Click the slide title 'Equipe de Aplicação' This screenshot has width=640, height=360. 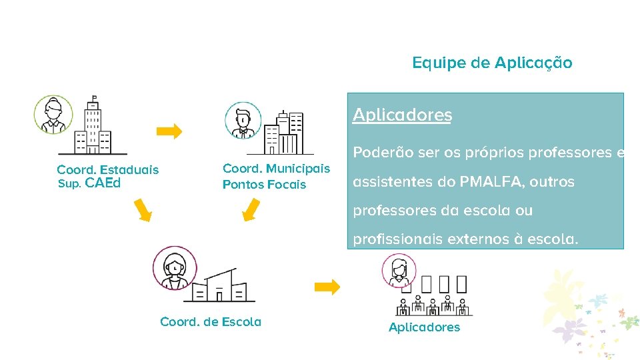click(x=492, y=63)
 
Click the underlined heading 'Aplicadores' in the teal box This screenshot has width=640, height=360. click(x=402, y=115)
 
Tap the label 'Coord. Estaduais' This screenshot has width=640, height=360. click(x=108, y=169)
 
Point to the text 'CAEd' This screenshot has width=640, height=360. click(x=103, y=183)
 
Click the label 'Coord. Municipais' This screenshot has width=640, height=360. click(x=276, y=169)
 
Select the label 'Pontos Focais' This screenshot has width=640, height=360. click(x=264, y=184)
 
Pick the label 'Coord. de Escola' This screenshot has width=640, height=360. click(x=211, y=322)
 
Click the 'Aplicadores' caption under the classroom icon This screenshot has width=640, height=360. click(x=424, y=327)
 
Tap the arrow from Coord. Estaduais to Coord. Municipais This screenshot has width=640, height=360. click(x=173, y=131)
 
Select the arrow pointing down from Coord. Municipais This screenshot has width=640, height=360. click(x=251, y=209)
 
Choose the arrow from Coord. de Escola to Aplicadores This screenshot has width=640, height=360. click(x=327, y=287)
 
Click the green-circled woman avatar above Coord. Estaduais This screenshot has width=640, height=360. click(x=53, y=114)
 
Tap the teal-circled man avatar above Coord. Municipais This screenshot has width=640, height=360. click(x=243, y=120)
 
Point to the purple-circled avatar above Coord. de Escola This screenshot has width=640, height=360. click(x=175, y=267)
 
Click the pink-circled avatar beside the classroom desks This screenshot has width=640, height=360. click(x=399, y=270)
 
